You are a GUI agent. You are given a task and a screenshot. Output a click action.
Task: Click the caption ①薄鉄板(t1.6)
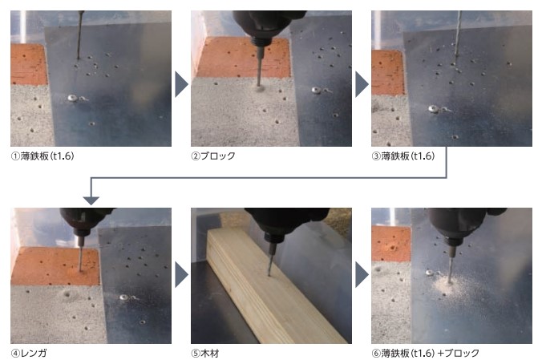point(42,156)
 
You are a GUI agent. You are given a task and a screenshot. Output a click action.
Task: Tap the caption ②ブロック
point(213,156)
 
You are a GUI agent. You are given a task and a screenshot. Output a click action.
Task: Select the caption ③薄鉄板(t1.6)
point(403,156)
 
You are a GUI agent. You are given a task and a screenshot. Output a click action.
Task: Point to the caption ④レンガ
point(29,353)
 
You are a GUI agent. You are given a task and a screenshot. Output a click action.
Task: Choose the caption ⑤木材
point(205,353)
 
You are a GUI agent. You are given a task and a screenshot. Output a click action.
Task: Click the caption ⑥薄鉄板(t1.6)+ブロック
point(426,353)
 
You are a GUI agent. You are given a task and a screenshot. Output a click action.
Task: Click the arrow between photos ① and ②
point(181,84)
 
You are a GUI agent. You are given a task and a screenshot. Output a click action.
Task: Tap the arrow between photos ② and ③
point(362,84)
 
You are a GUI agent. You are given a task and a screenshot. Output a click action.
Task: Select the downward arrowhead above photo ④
point(91,200)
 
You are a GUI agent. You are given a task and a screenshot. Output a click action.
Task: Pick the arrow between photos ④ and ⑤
point(181,275)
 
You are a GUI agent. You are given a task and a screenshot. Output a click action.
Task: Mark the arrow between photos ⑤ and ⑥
point(362,275)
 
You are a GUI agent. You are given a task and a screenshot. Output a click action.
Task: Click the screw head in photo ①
point(73,98)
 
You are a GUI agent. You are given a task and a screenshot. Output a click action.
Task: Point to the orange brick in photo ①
point(28,64)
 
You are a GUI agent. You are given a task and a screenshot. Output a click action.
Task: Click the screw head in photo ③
point(433,109)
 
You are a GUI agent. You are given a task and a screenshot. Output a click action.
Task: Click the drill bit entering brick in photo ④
point(80,257)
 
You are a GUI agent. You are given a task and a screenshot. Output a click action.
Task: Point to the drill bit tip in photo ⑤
point(269,275)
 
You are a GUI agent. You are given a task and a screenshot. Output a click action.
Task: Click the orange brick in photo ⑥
point(391,244)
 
